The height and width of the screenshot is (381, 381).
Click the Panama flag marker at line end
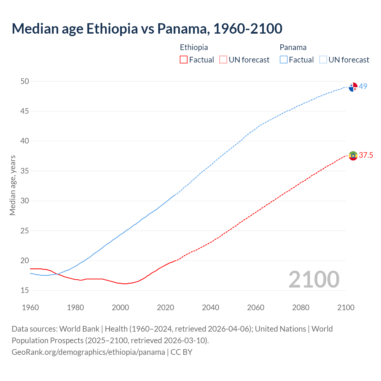(x=353, y=87)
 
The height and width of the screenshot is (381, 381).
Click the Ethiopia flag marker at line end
(x=353, y=156)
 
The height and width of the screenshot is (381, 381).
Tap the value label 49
(x=363, y=86)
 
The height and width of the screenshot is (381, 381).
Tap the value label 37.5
(x=366, y=155)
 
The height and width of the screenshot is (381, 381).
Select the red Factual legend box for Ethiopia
(x=184, y=60)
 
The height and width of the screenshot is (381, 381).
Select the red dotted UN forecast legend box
(x=223, y=60)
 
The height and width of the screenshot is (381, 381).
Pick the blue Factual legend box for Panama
(x=284, y=60)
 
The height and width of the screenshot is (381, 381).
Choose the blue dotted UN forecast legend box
(x=323, y=60)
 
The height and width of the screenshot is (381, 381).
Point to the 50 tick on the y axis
(x=25, y=81)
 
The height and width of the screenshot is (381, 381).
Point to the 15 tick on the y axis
(x=25, y=290)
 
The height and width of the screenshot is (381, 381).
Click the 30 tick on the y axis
(x=25, y=201)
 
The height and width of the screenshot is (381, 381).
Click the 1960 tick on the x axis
(x=30, y=307)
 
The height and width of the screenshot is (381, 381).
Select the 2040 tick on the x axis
(x=210, y=307)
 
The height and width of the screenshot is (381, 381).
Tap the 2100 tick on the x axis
(x=346, y=307)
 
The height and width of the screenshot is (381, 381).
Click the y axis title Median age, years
(x=13, y=185)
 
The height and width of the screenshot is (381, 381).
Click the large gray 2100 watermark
(x=314, y=279)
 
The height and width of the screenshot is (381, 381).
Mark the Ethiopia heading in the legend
(x=194, y=47)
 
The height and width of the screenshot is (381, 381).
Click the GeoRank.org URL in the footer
(x=88, y=352)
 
